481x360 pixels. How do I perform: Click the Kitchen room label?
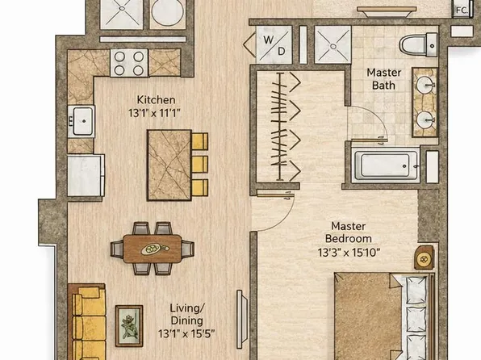click(x=156, y=101)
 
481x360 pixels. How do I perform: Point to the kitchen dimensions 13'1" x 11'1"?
click(x=156, y=114)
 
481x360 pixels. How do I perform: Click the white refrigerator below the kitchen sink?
click(x=85, y=175)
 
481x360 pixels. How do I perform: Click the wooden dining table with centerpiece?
click(x=152, y=249)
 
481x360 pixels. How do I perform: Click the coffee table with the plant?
click(x=128, y=325)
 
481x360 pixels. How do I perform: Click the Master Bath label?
click(x=384, y=78)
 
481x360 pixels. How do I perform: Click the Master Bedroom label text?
click(x=349, y=233)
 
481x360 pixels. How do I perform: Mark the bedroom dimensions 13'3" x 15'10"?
click(x=349, y=252)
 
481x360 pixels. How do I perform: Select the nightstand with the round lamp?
click(x=425, y=257)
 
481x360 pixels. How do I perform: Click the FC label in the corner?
click(x=462, y=10)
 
